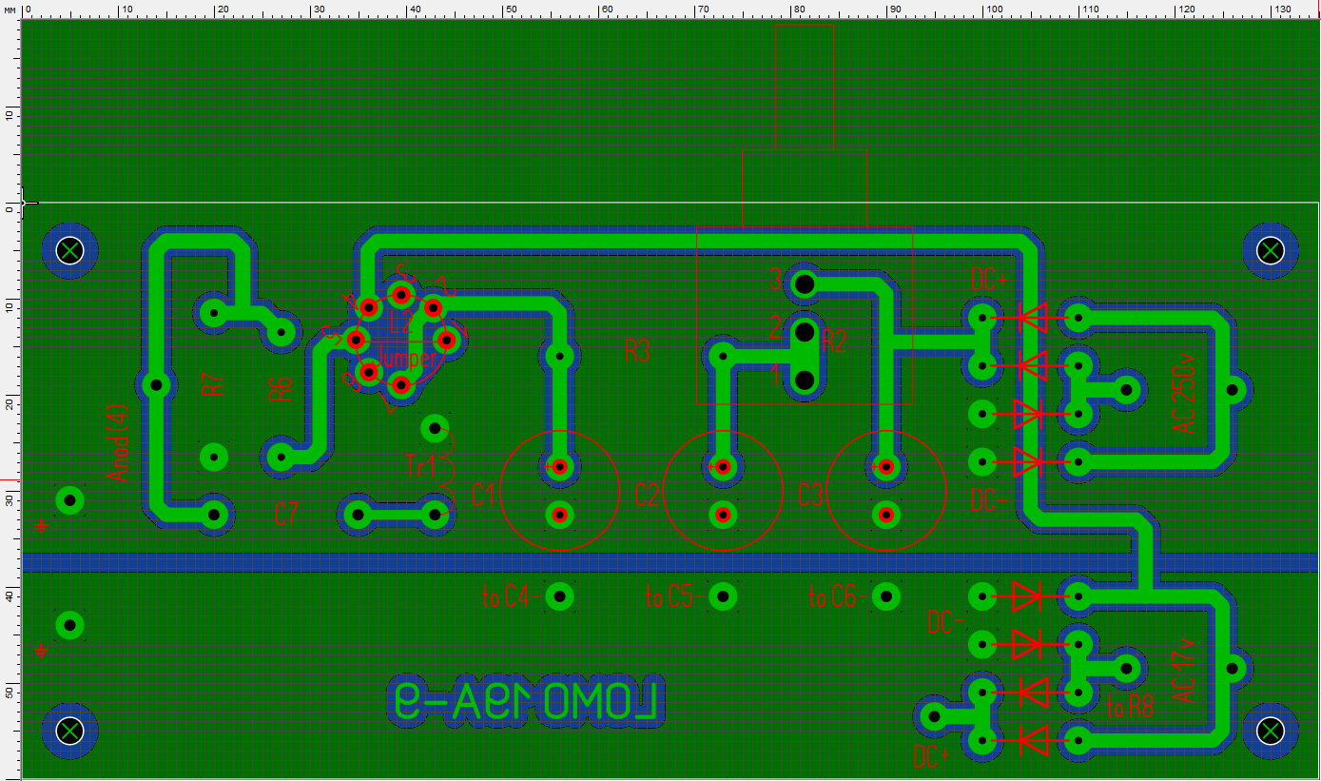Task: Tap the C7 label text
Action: (287, 515)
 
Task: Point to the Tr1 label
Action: (420, 466)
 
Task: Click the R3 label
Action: (637, 351)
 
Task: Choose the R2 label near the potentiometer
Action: (834, 342)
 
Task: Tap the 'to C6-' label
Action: (834, 597)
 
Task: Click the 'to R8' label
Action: (1130, 707)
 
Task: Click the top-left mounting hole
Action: (70, 250)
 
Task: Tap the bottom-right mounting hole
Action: (1271, 731)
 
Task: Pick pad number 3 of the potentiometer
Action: (805, 283)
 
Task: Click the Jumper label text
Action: (409, 360)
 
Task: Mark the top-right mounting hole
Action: (1271, 250)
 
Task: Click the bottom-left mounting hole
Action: (70, 731)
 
